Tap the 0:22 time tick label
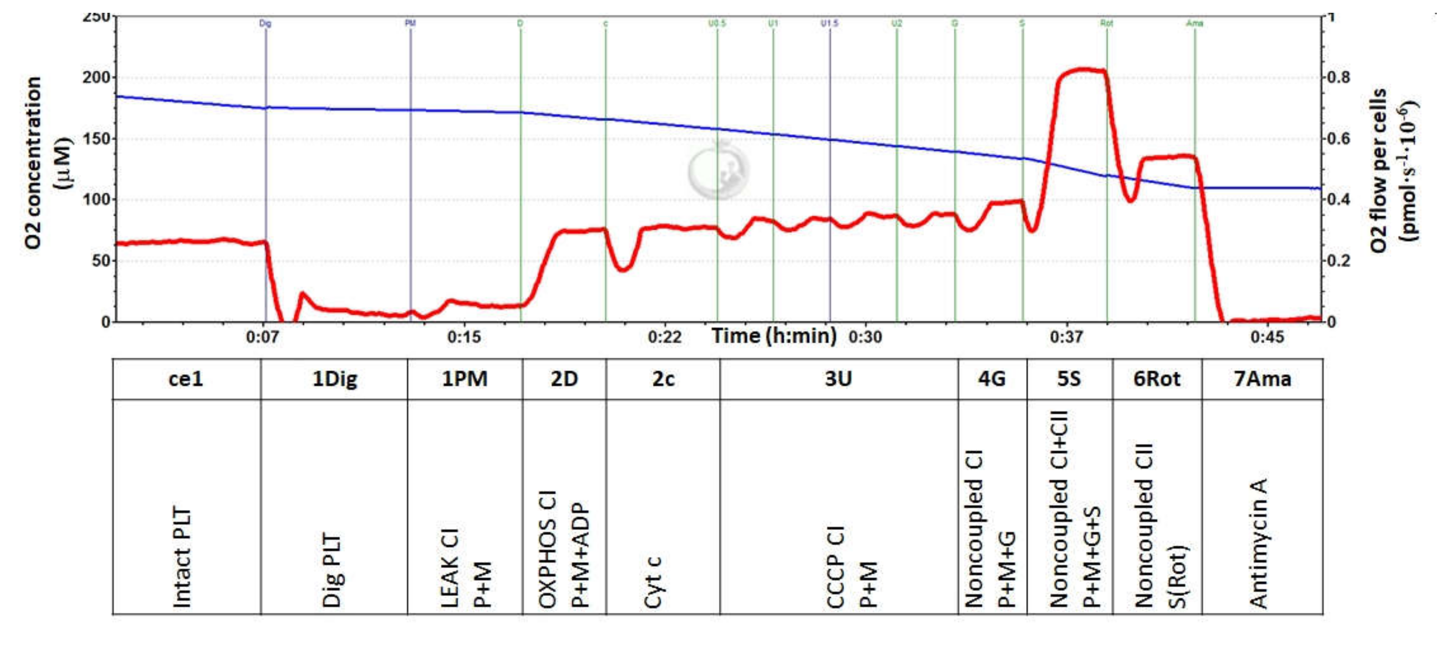pos(664,337)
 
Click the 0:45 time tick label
pos(1267,337)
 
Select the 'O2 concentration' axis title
pos(34,163)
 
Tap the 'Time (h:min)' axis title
pos(774,336)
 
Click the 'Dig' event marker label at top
pos(266,24)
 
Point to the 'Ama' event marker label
pos(1194,24)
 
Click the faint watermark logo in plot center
pos(718,170)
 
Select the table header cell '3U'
pos(839,379)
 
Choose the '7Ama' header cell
pos(1262,379)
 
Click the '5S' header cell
pos(1069,379)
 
